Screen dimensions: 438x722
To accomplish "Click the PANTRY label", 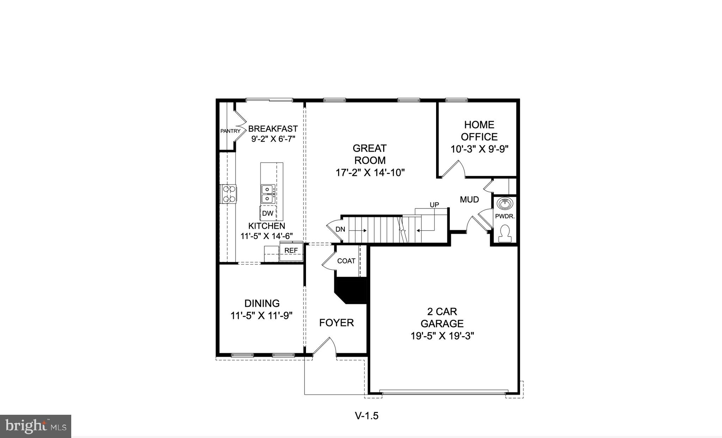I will [230, 131].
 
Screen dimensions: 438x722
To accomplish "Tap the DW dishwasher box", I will [268, 213].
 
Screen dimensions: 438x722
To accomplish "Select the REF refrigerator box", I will [291, 250].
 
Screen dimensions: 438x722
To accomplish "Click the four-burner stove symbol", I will [229, 194].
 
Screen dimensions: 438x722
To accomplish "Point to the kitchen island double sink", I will [268, 194].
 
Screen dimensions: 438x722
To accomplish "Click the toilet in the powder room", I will [505, 233].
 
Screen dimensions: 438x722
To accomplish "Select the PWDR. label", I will [505, 217].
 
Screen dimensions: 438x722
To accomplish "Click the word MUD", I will [469, 200].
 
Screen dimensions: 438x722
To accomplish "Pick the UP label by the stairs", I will [434, 205].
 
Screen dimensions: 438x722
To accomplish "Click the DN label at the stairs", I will [340, 230].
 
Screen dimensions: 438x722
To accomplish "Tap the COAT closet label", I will [346, 261].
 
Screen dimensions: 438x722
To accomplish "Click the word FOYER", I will [336, 323].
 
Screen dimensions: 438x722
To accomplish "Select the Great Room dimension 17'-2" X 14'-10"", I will [370, 173].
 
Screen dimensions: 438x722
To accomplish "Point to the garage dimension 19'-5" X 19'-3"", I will [442, 336].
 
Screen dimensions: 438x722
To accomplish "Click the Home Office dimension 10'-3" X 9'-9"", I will [479, 149].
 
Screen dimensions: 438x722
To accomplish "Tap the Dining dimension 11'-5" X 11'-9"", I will [262, 315].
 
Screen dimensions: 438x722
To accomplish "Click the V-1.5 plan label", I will [367, 416].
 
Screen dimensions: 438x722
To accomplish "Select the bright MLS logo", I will [36, 426].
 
